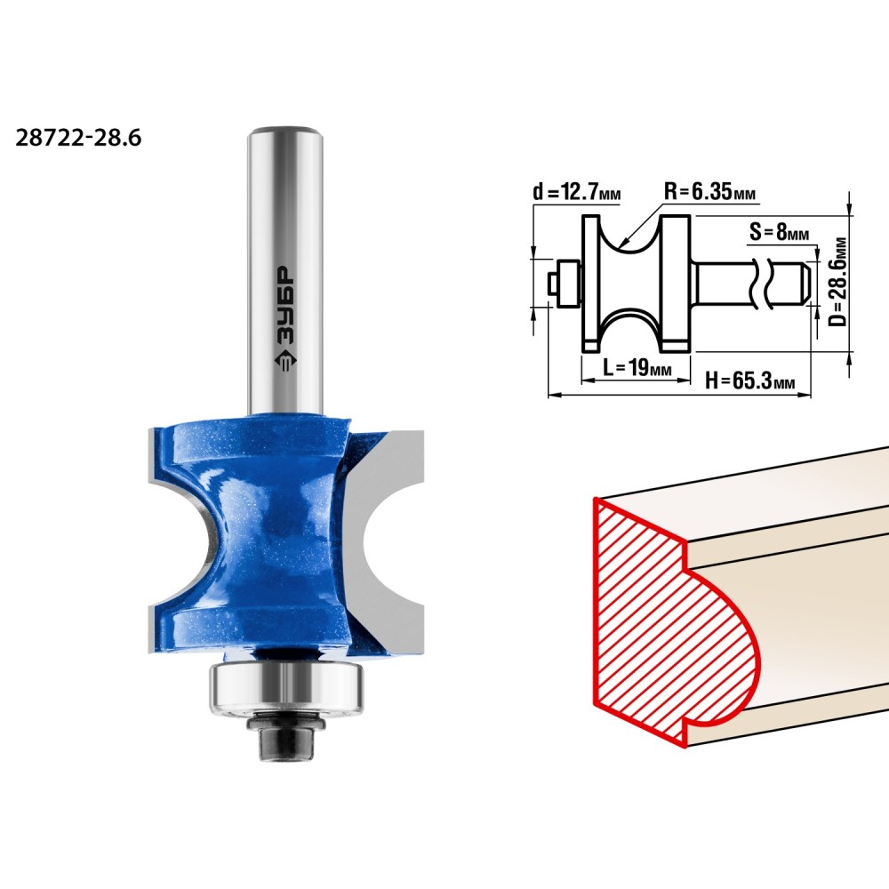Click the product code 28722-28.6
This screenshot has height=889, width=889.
point(78,138)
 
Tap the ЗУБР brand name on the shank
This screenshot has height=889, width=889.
point(285,306)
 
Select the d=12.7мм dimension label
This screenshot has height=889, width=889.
point(577,192)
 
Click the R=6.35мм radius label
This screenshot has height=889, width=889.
point(709,191)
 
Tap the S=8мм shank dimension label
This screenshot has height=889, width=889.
point(779,231)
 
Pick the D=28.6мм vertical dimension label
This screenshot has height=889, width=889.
point(837,281)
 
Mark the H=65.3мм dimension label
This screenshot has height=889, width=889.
point(749,380)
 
